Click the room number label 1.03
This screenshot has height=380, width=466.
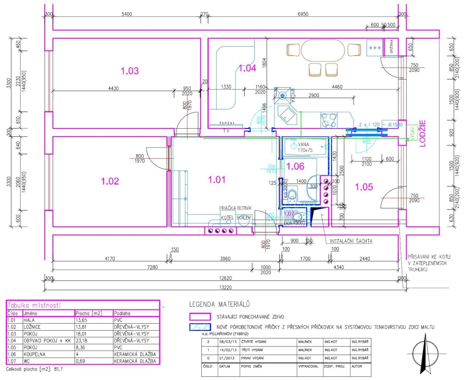tap(130, 71)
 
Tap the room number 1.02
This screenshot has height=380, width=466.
tap(110, 181)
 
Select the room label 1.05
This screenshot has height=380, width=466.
tap(364, 187)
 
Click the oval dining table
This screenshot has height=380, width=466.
tap(323, 50)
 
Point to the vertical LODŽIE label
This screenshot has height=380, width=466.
tap(422, 133)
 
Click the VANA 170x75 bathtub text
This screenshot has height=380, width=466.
tap(305, 147)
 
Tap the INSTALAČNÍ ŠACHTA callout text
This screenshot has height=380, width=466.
tap(351, 241)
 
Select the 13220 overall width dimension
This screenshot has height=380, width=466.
tap(225, 287)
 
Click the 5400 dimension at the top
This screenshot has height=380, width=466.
tap(127, 14)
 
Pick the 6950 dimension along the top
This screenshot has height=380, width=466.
tap(303, 14)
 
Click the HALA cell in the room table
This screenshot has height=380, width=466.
tap(29, 320)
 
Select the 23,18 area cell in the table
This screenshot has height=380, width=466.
tap(81, 341)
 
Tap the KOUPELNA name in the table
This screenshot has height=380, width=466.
tap(34, 354)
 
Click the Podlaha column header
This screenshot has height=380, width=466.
tap(122, 313)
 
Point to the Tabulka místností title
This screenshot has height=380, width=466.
tap(34, 305)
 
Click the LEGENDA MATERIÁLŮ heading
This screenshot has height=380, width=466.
tap(219, 305)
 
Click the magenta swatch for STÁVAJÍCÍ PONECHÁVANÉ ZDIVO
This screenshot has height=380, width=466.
tap(200, 317)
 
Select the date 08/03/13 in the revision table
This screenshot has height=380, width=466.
tap(228, 342)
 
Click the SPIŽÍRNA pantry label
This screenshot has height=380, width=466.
tap(392, 46)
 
